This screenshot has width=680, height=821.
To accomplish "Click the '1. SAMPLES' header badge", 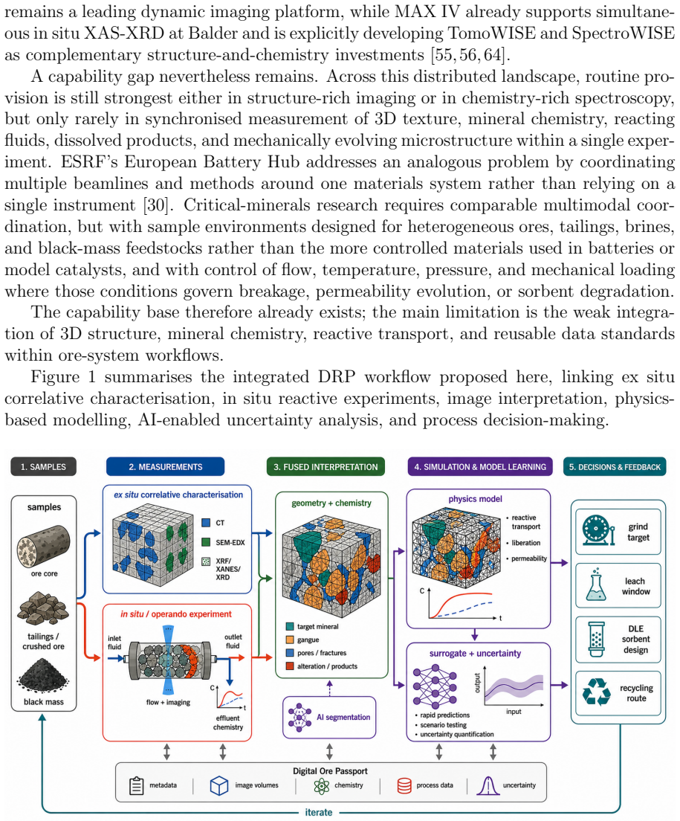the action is (x=43, y=466).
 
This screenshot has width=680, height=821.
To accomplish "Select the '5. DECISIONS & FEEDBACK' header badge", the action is (x=615, y=466).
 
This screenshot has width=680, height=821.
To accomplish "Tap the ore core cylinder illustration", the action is (x=43, y=546).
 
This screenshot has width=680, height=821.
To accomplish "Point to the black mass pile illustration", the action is (x=43, y=676).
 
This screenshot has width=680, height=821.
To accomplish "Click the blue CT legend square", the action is (x=206, y=523).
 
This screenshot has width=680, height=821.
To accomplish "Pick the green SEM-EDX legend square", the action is (x=206, y=542).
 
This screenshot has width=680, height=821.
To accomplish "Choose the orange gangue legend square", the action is (x=290, y=640).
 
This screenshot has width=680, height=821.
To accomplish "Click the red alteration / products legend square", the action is (x=290, y=666).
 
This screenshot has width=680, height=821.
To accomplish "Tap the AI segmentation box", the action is (x=329, y=718).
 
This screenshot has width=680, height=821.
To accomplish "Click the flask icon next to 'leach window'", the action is (x=596, y=585).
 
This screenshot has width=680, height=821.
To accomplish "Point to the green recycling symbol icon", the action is (x=596, y=692).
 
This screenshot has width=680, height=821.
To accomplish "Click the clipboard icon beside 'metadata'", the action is (x=136, y=785).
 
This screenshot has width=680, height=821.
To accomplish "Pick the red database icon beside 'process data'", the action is (x=404, y=785).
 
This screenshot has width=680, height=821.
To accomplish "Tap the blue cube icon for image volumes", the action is (x=219, y=785).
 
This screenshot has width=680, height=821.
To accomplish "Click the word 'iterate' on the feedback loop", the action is (x=319, y=812).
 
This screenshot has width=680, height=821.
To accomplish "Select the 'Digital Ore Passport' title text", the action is (x=330, y=770).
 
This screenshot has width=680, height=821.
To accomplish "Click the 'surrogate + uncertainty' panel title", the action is (x=475, y=654).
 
